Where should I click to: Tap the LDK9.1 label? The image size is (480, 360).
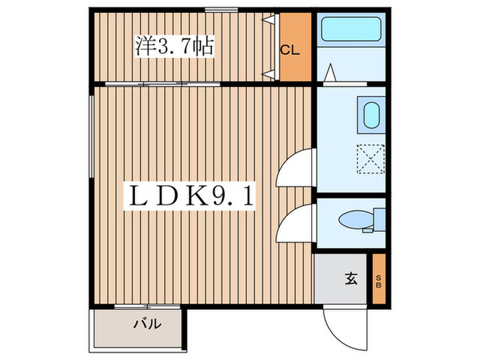click(187, 197)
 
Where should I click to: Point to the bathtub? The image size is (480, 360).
click(351, 31)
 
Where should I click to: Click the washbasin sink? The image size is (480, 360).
click(371, 116)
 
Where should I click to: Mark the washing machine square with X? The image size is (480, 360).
click(371, 161)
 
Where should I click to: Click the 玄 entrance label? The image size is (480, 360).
click(350, 278)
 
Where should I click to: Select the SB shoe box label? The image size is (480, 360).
click(379, 280)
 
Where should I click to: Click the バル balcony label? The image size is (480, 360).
click(147, 324)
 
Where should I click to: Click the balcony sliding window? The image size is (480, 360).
click(147, 306)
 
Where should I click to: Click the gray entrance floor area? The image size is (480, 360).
click(336, 280)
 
